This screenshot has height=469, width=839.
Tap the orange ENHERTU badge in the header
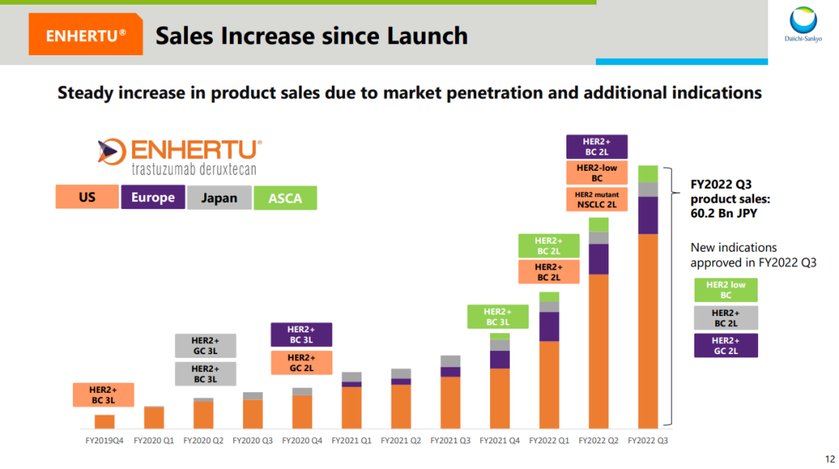tap(85, 36)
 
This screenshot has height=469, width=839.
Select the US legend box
tap(87, 197)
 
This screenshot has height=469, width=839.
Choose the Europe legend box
tap(153, 197)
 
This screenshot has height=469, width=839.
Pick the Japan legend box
tap(219, 197)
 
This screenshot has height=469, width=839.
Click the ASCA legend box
tap(285, 198)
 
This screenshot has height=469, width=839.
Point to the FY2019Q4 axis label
tap(104, 440)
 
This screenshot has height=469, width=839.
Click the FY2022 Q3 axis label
tap(648, 440)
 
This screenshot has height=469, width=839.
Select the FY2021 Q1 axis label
tap(351, 440)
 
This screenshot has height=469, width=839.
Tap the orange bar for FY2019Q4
tap(105, 422)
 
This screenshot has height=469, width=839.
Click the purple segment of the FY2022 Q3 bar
tap(648, 215)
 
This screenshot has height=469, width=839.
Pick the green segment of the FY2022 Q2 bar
tap(598, 224)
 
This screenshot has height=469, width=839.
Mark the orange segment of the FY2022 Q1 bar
tap(549, 384)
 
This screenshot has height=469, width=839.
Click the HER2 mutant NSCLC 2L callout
tap(596, 200)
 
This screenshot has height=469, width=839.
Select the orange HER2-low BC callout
tap(596, 172)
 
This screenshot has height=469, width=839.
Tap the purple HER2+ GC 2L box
tap(726, 346)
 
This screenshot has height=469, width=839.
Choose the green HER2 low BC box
tap(726, 290)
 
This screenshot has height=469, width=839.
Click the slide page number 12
tap(829, 458)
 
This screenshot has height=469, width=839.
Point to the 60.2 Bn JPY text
tap(722, 212)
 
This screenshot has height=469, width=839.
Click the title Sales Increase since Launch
tap(312, 36)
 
